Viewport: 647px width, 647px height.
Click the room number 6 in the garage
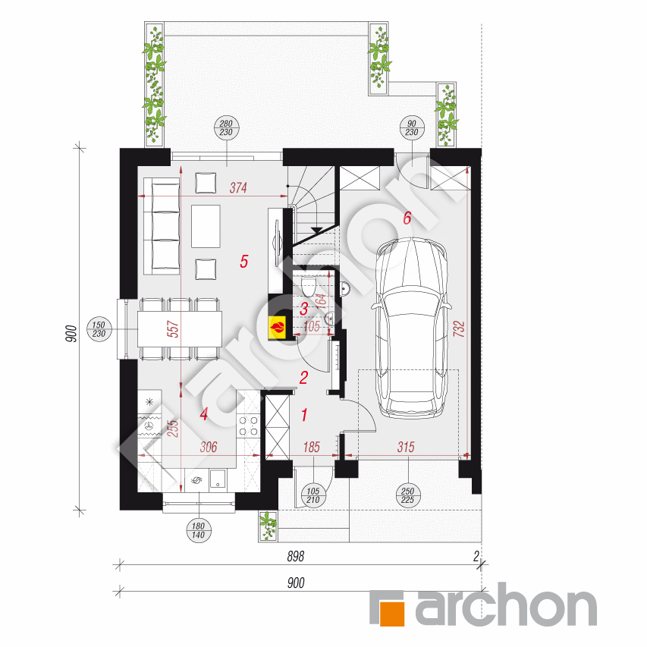pos(407,218)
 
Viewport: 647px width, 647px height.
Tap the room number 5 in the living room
pos(243,262)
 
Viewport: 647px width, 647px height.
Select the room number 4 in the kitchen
pos(203,414)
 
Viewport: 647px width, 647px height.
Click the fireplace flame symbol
pos(278,327)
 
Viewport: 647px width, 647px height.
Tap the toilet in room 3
pos(309,287)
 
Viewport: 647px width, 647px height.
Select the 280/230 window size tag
pos(225,127)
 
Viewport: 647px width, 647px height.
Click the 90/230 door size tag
pos(411,127)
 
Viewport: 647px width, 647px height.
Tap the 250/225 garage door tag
pos(407,495)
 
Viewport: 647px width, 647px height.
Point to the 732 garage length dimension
pos(460,328)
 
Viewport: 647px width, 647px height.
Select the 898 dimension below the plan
pos(296,557)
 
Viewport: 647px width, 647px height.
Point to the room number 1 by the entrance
pos(304,415)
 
